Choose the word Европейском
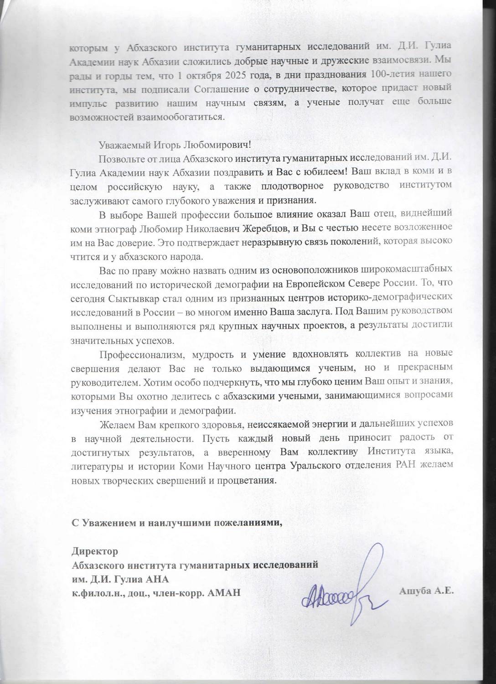(x=313, y=283)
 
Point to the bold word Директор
(x=95, y=551)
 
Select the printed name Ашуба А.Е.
(x=426, y=591)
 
